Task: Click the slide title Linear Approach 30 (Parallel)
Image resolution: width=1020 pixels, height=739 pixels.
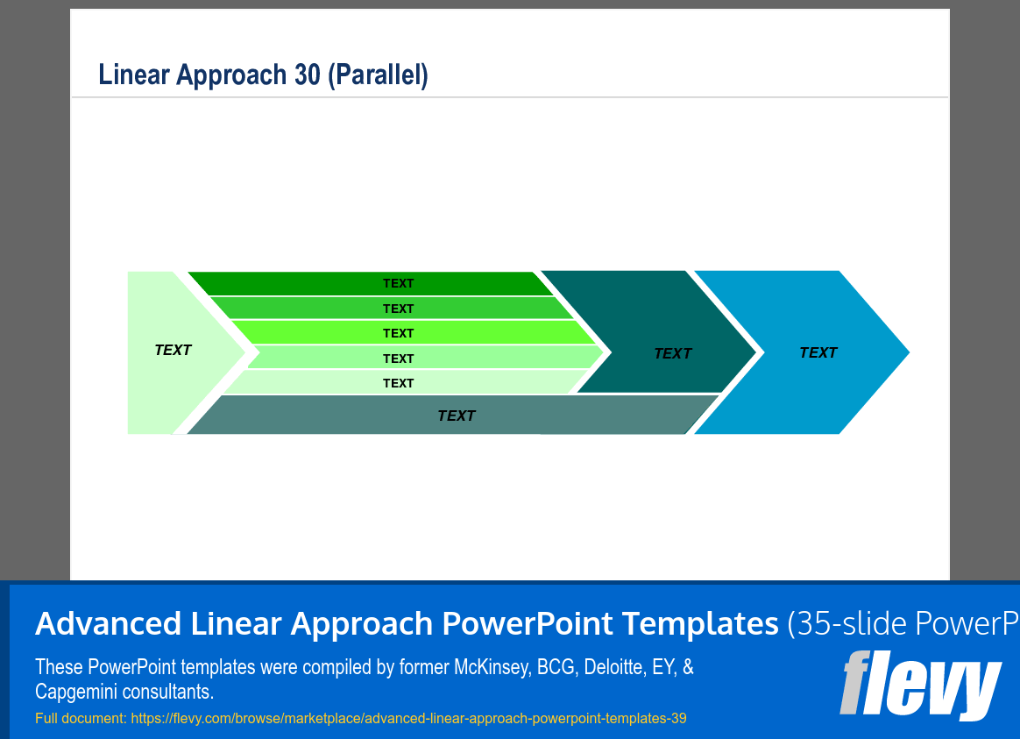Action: [x=263, y=75]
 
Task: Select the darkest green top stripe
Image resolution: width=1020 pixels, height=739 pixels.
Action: [x=371, y=284]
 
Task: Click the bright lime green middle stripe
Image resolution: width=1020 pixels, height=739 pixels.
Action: [x=414, y=332]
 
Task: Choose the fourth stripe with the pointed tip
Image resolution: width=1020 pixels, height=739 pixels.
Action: [x=426, y=358]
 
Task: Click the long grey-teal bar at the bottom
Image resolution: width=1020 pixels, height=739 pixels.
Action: [x=453, y=415]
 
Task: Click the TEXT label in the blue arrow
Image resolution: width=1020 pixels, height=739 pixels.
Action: [x=818, y=352]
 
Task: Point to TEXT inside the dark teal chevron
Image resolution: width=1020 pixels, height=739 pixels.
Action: [x=673, y=354]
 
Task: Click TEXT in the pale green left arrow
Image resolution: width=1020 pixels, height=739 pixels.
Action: [x=173, y=350]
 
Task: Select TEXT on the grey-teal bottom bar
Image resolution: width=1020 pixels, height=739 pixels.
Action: [x=457, y=416]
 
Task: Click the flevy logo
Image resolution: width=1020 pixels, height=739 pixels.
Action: [x=920, y=685]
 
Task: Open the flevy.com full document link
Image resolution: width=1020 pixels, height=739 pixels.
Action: [x=408, y=718]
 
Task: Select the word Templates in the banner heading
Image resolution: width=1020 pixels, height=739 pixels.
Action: [x=700, y=623]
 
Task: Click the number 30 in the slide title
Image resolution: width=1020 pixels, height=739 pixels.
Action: [x=308, y=75]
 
